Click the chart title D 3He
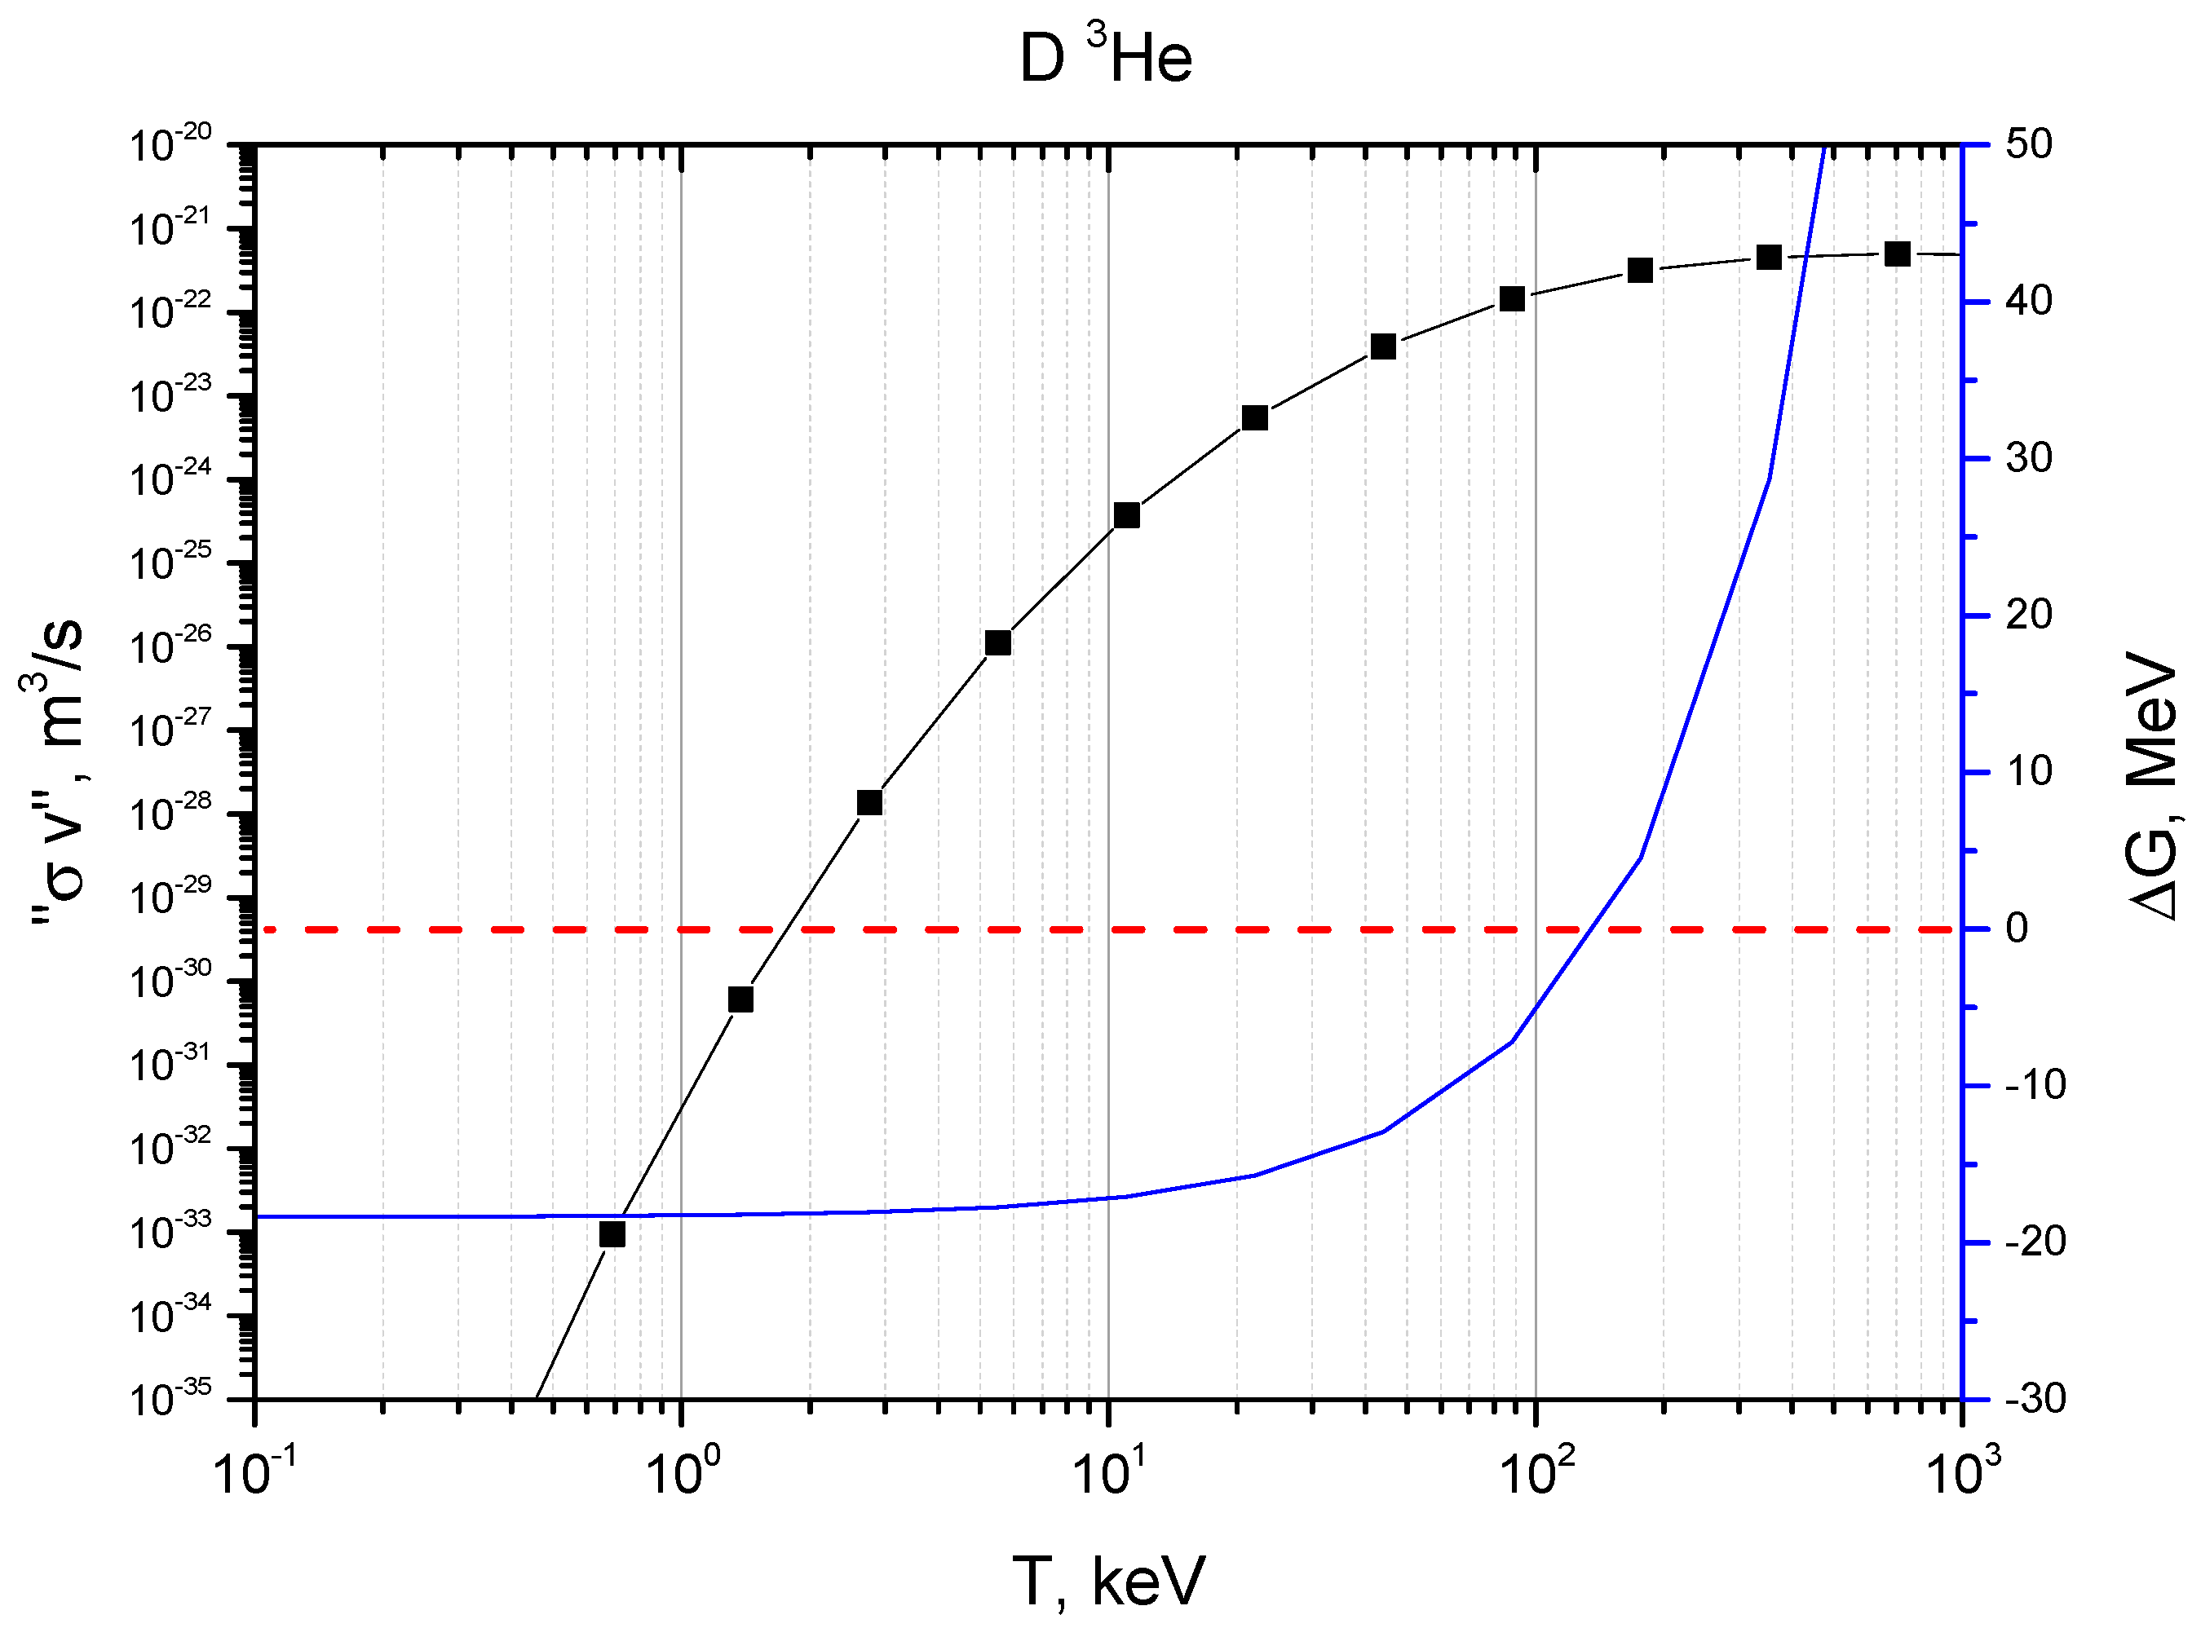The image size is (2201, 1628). click(x=1105, y=56)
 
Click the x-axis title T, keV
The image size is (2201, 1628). click(x=1108, y=1582)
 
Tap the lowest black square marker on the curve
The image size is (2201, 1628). click(x=612, y=1233)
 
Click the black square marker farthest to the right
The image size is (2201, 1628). click(x=1898, y=254)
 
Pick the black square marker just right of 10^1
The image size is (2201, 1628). click(x=1127, y=515)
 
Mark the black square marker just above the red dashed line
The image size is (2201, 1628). click(x=869, y=802)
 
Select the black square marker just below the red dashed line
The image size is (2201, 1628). click(x=740, y=999)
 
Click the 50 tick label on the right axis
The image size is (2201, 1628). click(x=2028, y=145)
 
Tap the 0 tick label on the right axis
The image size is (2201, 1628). click(x=2017, y=929)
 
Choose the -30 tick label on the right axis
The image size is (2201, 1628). click(x=2035, y=1398)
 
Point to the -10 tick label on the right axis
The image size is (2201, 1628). click(x=2035, y=1085)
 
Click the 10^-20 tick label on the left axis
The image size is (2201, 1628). click(x=170, y=145)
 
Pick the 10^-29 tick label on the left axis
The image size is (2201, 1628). click(x=170, y=897)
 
